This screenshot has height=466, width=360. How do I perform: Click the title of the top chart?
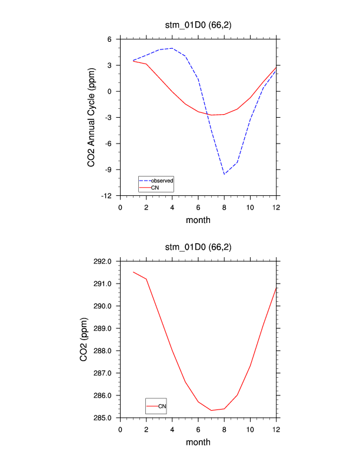[x=198, y=25]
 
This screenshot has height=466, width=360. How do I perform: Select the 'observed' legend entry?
[x=161, y=180]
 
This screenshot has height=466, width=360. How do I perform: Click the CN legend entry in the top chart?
[x=155, y=187]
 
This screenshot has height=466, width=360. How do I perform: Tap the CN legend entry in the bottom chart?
[x=162, y=406]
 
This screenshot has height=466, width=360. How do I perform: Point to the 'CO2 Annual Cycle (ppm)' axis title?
[x=92, y=116]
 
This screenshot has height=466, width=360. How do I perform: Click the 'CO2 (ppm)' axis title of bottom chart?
[x=84, y=339]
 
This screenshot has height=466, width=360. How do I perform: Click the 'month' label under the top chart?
[x=198, y=221]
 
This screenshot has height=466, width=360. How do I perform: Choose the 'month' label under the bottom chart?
[x=198, y=442]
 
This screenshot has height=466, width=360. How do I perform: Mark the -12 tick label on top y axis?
[x=110, y=196]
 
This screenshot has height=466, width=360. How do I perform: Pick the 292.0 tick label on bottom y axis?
[x=106, y=261]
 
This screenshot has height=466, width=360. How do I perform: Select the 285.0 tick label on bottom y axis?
[x=106, y=418]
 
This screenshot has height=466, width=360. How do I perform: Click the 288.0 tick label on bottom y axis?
[x=106, y=351]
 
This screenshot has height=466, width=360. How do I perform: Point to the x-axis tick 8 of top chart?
[x=224, y=207]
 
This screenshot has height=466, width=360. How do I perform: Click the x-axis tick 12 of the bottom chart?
[x=276, y=429]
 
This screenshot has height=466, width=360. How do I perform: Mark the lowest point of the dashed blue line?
[x=224, y=174]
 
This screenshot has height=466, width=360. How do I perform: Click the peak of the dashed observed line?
[x=172, y=48]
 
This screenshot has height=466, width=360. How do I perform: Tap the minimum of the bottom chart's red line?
[x=211, y=410]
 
